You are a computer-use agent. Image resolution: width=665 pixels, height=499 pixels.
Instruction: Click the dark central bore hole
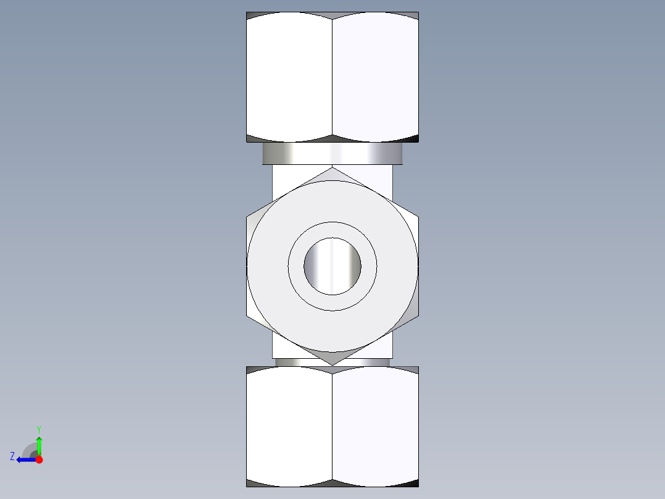[332, 266]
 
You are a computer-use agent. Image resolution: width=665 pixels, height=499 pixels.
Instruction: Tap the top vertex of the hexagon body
[332, 168]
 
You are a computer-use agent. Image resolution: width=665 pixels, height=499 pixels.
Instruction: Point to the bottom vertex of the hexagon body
[332, 364]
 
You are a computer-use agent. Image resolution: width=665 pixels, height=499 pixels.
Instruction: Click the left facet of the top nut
[289, 77]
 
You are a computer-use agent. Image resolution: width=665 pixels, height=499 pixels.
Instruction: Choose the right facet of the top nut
[375, 77]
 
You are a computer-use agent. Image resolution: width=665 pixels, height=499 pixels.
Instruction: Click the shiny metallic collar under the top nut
[332, 153]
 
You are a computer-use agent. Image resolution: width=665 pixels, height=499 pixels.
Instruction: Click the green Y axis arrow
[39, 443]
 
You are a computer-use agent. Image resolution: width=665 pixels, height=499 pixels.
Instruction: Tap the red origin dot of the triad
[39, 459]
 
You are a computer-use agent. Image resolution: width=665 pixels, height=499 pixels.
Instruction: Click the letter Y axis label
[39, 429]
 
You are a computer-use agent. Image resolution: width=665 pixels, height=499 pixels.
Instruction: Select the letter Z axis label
[12, 456]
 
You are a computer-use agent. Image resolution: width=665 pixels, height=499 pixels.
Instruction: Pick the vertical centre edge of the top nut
[332, 77]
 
